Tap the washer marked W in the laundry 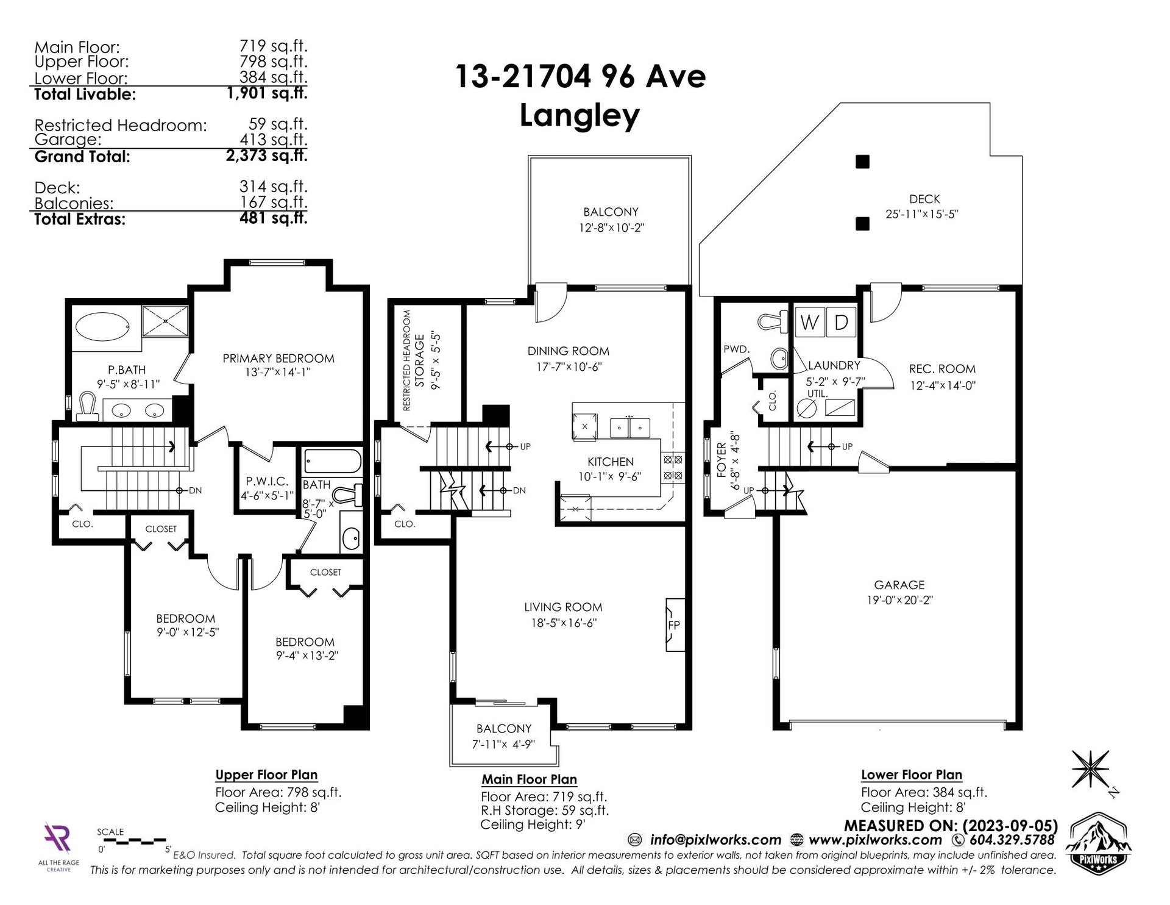[x=809, y=322]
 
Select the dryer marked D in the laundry [x=841, y=322]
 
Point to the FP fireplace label [x=674, y=625]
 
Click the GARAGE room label [x=899, y=584]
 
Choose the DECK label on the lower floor [x=925, y=199]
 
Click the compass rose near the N [x=1090, y=768]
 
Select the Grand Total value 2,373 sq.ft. [x=266, y=156]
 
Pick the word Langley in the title [x=580, y=115]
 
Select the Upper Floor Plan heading [x=266, y=775]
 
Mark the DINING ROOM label [x=569, y=351]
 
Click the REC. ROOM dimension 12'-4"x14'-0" [x=943, y=385]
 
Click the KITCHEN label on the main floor [x=611, y=462]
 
